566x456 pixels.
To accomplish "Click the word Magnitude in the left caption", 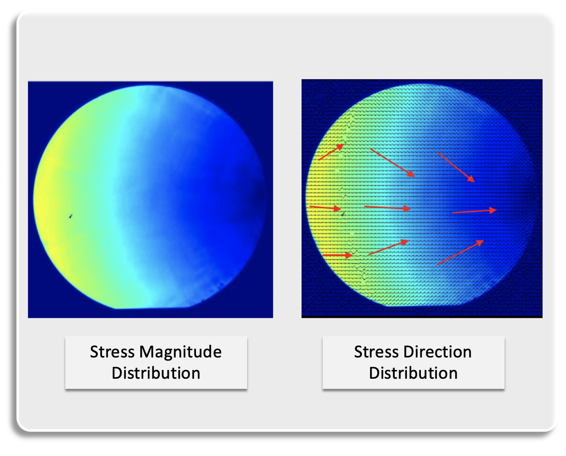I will pyautogui.click(x=181, y=352).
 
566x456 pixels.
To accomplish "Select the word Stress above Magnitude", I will pyautogui.click(x=112, y=352).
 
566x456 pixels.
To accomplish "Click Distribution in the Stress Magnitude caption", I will pyautogui.click(x=156, y=373).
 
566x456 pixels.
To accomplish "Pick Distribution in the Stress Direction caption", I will pyautogui.click(x=413, y=373).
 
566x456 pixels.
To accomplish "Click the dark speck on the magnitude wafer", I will pyautogui.click(x=71, y=216).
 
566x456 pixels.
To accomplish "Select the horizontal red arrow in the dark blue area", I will pyautogui.click(x=475, y=211).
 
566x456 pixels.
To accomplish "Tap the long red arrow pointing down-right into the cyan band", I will pyautogui.click(x=392, y=162).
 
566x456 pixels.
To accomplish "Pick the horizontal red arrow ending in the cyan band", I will pyautogui.click(x=387, y=208).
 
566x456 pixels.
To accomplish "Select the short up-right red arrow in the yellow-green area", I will pyautogui.click(x=331, y=152).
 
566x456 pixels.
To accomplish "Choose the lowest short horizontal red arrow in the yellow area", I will pyautogui.click(x=337, y=255).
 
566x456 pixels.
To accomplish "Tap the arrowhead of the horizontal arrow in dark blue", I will pyautogui.click(x=493, y=210).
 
